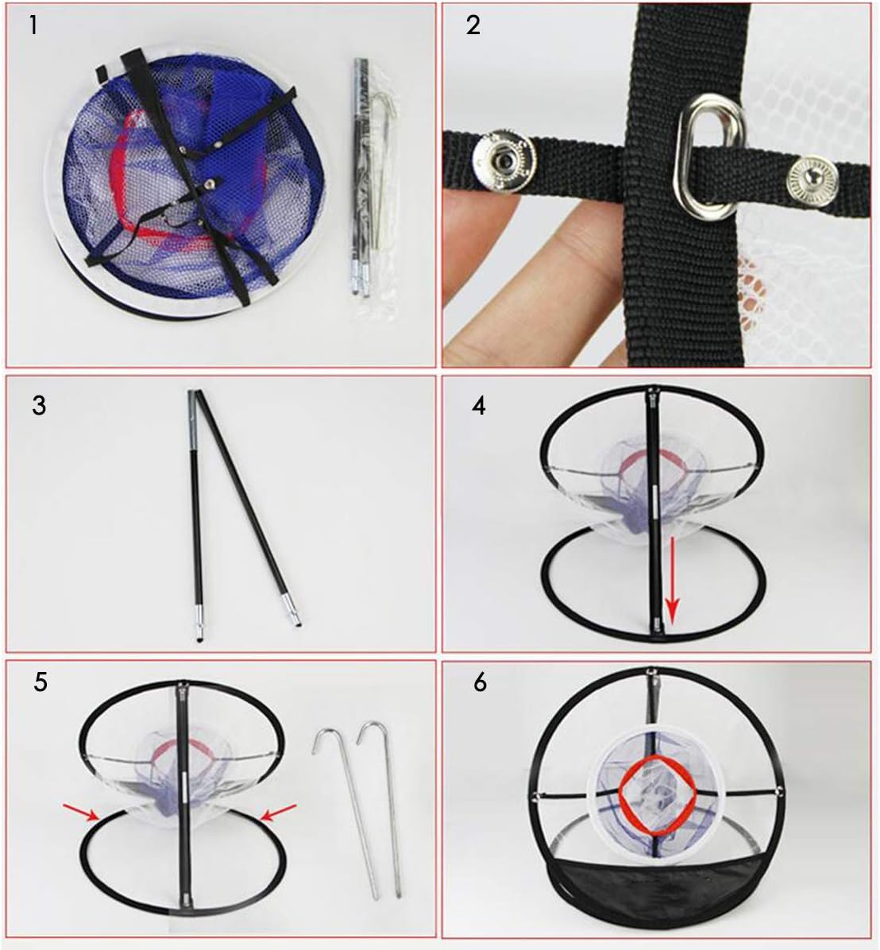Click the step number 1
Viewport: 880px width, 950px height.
pos(33,25)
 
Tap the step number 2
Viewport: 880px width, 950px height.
pos(473,25)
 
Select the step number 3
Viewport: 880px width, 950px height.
pos(39,405)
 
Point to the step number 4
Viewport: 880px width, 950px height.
pos(478,405)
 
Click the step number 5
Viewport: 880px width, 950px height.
pos(41,682)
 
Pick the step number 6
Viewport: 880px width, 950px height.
pos(480,682)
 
